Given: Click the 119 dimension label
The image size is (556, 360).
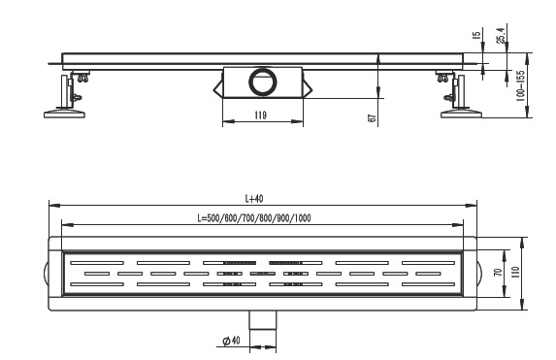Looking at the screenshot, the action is click(260, 115).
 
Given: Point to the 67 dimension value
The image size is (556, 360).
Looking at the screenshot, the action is click(372, 118).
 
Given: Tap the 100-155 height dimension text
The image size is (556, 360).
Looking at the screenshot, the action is click(520, 85).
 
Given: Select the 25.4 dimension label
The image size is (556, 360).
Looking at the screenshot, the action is click(501, 35).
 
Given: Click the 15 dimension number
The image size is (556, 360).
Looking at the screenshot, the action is click(477, 35).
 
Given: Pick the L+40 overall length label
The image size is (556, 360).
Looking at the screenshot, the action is click(254, 199).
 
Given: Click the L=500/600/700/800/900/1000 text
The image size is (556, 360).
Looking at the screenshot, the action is click(254, 218).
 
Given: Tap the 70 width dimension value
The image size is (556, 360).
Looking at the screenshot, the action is click(498, 273).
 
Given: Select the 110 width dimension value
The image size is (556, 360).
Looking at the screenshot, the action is click(516, 272).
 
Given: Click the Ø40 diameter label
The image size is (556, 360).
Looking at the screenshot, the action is click(231, 341).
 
